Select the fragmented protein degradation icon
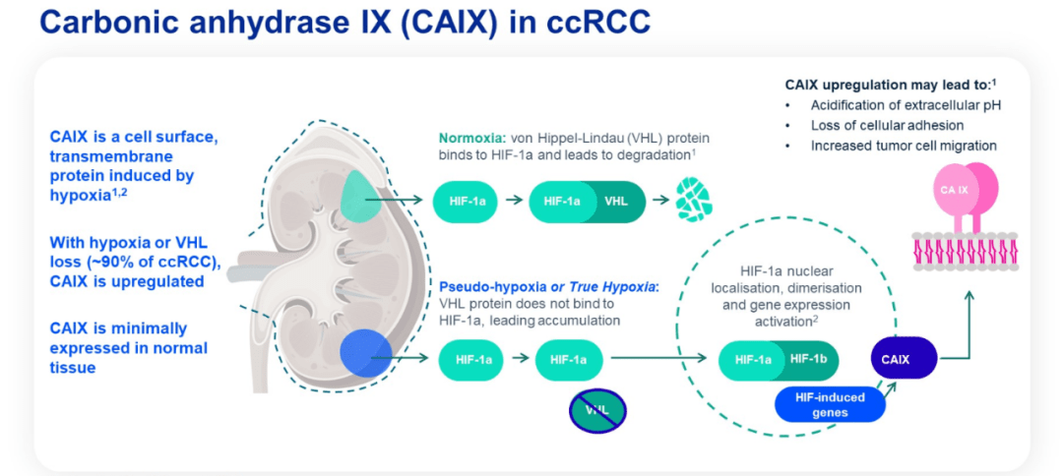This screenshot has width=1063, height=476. coord(693,201)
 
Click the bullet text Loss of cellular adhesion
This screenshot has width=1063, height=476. coord(887,125)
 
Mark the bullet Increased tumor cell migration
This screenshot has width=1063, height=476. coord(904,146)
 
